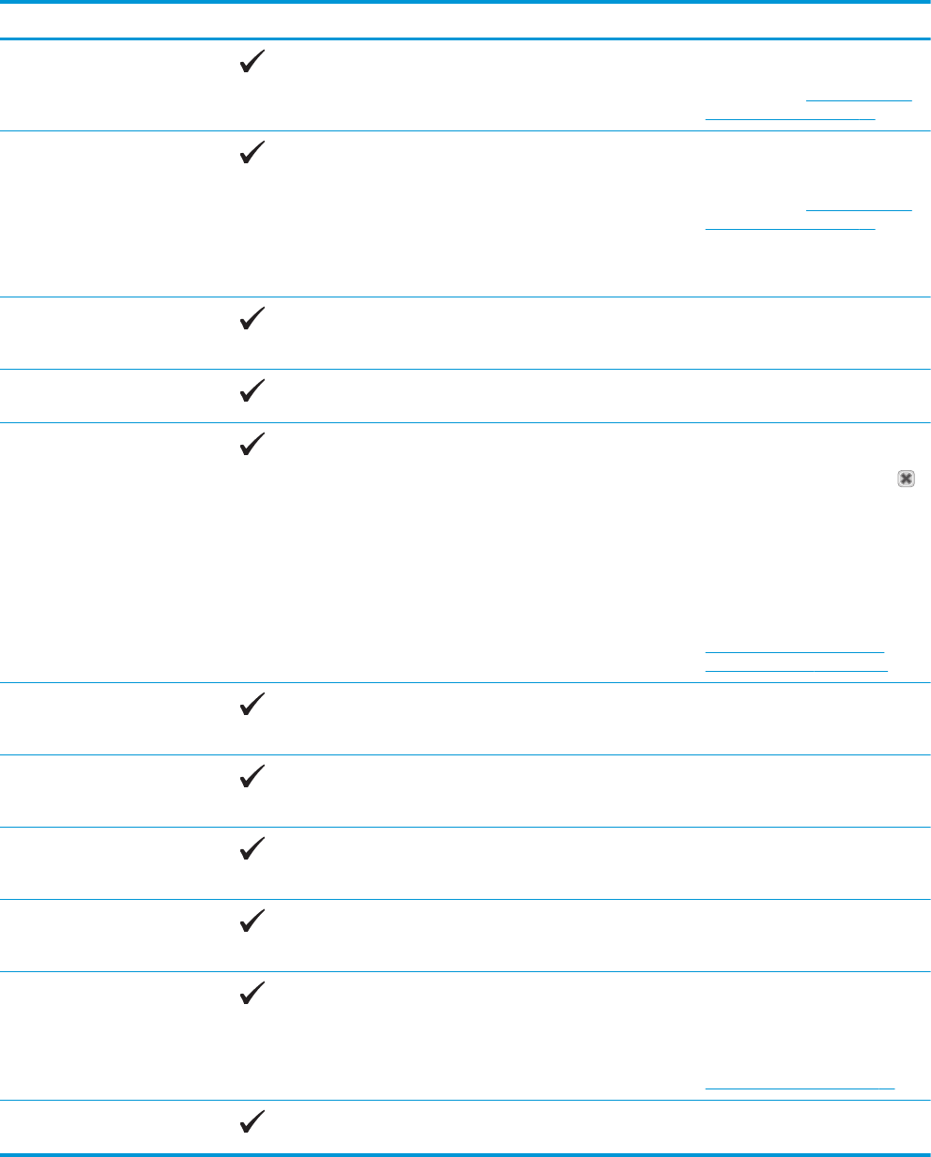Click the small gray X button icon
click(x=906, y=479)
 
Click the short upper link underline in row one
click(x=859, y=99)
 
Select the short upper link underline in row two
click(x=859, y=208)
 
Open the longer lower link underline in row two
click(x=789, y=228)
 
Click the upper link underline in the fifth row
click(x=794, y=650)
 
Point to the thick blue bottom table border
click(x=465, y=1152)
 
